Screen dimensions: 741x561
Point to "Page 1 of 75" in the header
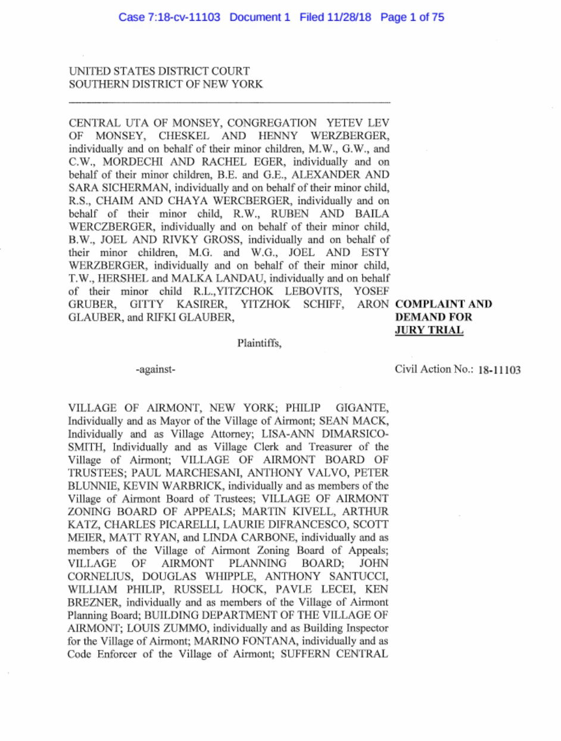pyautogui.click(x=412, y=17)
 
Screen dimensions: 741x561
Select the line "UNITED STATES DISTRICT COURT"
pyautogui.click(x=159, y=71)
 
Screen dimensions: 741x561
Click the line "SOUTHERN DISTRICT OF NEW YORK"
pyautogui.click(x=166, y=85)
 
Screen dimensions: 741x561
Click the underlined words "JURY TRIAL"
pyautogui.click(x=429, y=330)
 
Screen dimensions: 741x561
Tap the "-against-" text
pyautogui.click(x=155, y=370)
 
